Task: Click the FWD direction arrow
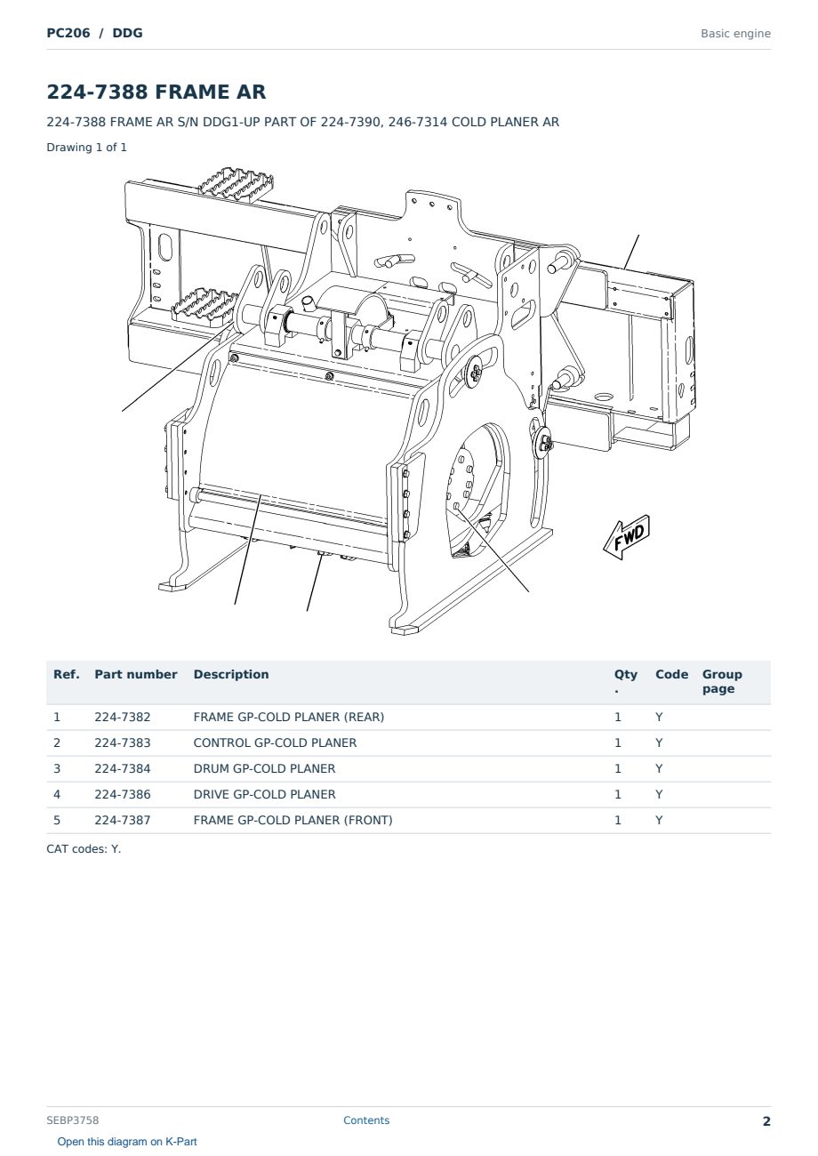tap(627, 537)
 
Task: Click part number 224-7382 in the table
tap(123, 717)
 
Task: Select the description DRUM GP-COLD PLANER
tap(264, 768)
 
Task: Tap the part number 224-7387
tap(123, 820)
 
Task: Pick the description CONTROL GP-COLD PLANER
tap(275, 743)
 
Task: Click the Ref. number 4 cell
tap(57, 794)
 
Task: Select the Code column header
tap(671, 675)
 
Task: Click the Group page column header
tap(722, 681)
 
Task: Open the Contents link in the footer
tap(366, 1120)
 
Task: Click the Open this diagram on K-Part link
tap(127, 1142)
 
